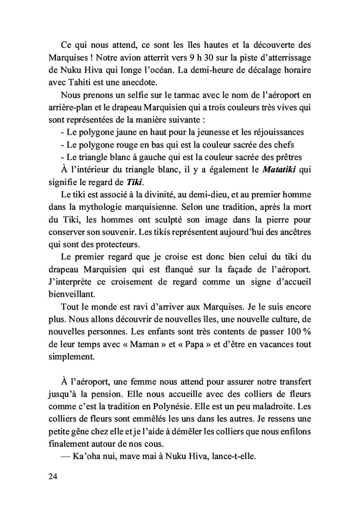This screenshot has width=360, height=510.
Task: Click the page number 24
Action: pos(52,477)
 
